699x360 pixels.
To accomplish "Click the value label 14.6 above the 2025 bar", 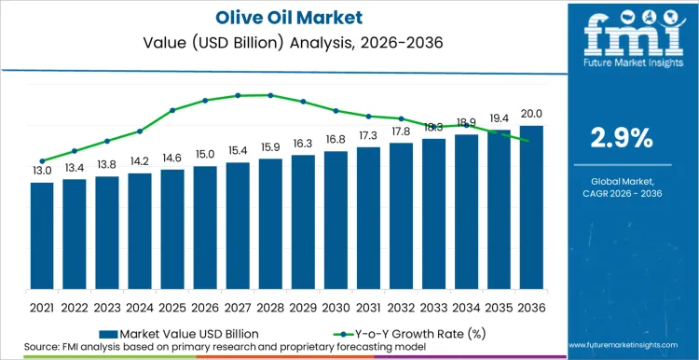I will pos(172,158).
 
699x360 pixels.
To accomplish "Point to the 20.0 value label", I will pos(531,114).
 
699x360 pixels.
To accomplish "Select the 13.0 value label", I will pos(42,171).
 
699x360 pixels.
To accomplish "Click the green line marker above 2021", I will pos(42,160).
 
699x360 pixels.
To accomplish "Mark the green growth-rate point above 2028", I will pos(270,95).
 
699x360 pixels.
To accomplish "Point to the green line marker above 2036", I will pos(531,141).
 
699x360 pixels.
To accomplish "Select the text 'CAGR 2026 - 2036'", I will pos(622,192).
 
